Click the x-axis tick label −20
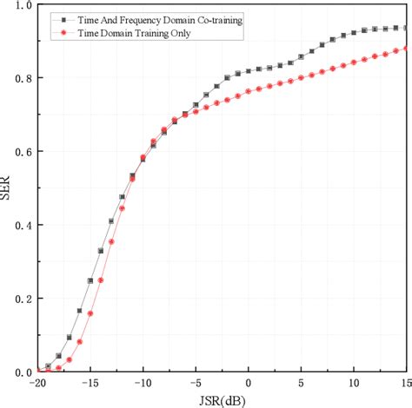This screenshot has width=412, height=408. (x=37, y=383)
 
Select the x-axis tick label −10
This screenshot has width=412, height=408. (x=143, y=383)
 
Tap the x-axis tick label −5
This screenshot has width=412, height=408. (x=196, y=383)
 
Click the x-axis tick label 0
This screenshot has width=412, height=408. (x=249, y=383)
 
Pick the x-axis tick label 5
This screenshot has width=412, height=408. (x=302, y=383)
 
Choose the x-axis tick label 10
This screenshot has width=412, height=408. (x=354, y=383)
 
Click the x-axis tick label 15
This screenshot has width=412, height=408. (x=403, y=383)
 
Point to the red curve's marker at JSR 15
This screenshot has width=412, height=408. (x=406, y=49)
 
